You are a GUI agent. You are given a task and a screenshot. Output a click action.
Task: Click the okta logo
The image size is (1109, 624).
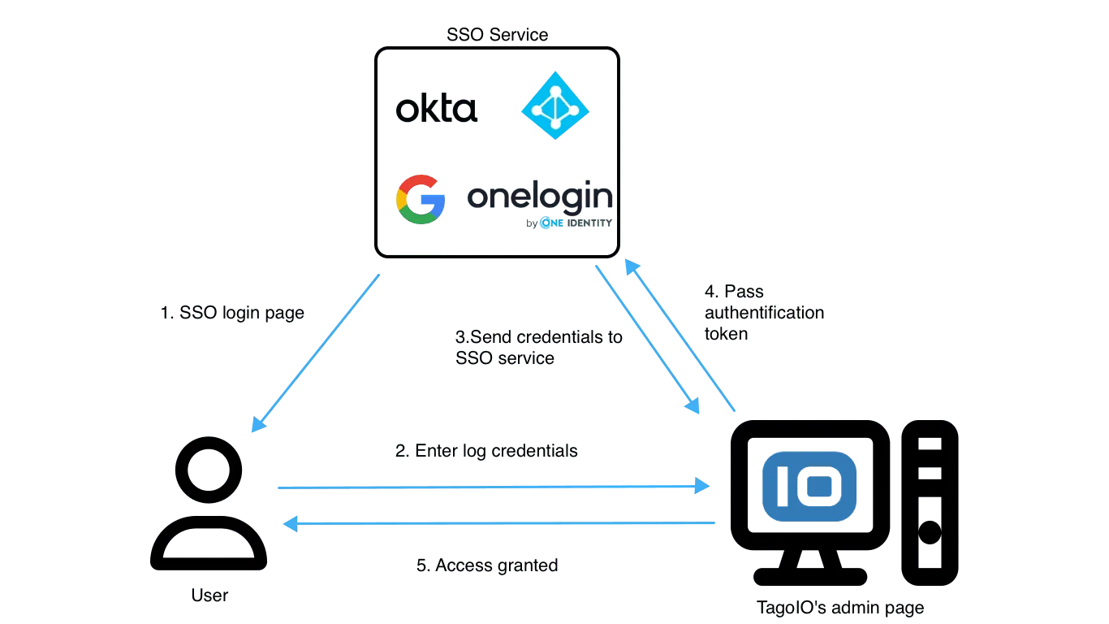[438, 110]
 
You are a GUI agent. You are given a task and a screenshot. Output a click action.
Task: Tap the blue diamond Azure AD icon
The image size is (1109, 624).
[554, 104]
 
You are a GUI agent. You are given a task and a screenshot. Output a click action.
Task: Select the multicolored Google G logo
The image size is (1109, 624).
[421, 199]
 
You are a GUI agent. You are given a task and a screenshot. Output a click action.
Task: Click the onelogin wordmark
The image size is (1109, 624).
[540, 197]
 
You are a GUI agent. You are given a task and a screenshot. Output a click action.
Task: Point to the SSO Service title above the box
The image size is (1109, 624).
[497, 35]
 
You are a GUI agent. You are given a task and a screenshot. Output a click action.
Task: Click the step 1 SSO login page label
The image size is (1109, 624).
[230, 313]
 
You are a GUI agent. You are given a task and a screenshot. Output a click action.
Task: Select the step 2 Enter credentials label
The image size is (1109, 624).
[484, 452]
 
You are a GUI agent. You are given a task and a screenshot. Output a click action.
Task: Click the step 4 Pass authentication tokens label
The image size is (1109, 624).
[762, 313]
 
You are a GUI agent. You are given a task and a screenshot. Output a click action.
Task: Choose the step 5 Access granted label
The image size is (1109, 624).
[486, 562]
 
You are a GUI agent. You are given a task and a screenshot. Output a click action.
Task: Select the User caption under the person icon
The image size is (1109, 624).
[210, 596]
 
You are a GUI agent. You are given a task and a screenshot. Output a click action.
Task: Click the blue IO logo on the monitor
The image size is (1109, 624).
[809, 485]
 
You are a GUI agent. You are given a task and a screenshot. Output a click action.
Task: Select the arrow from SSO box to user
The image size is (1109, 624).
[317, 352]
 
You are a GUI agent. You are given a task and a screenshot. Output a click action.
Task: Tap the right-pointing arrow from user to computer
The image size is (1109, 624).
[491, 487]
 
